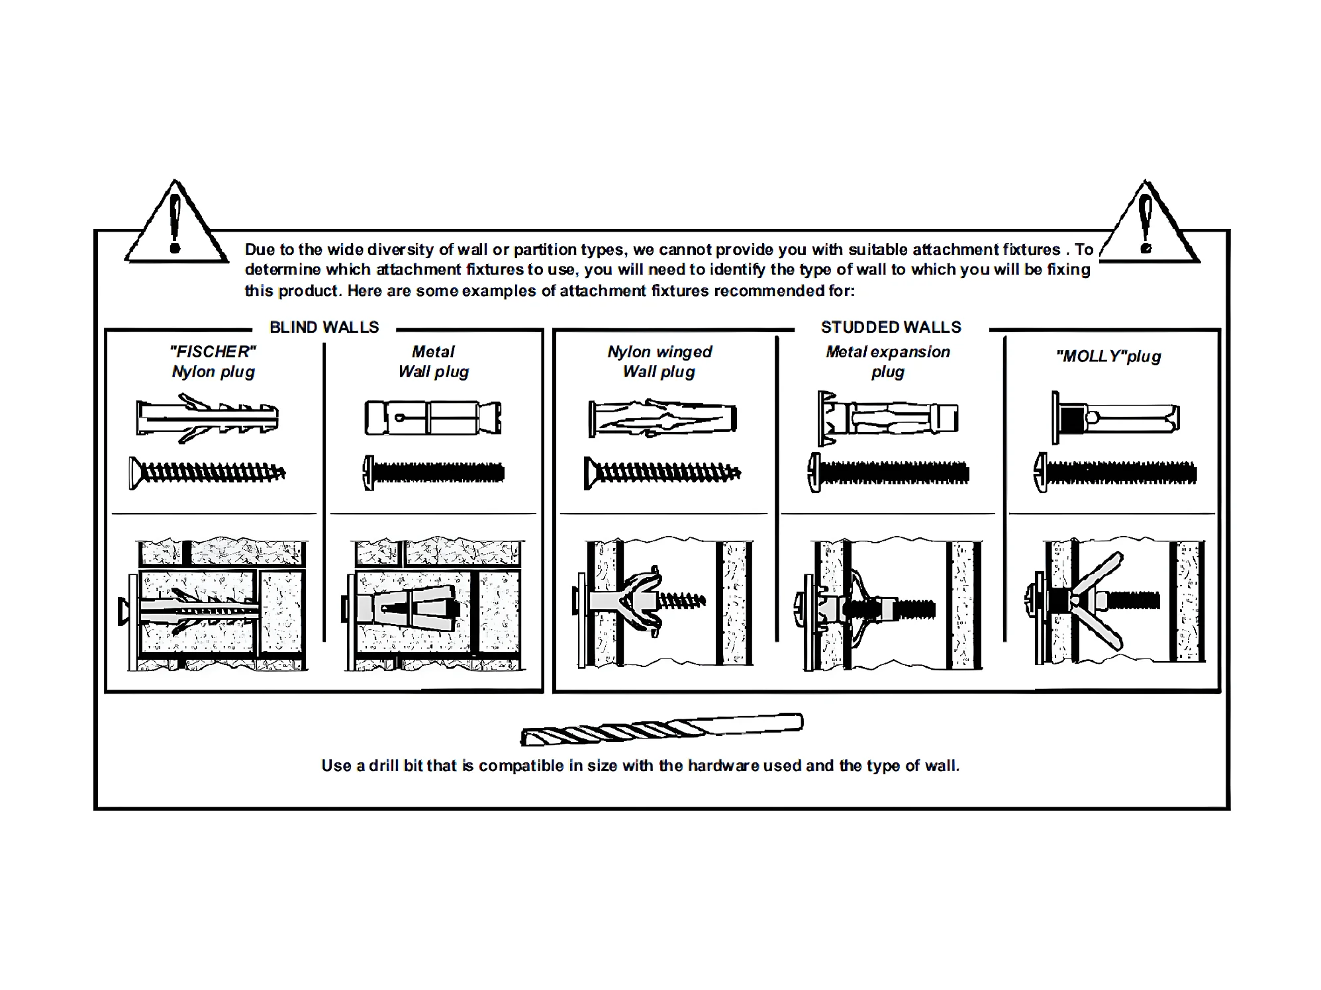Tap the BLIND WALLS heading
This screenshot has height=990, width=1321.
coord(324,327)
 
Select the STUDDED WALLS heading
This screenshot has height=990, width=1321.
coord(891,327)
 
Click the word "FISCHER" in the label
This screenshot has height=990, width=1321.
coord(213,351)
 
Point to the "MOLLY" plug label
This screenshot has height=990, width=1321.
coord(1108,357)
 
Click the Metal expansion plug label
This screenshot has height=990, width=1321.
coord(887,361)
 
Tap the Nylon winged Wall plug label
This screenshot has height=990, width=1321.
coord(660,361)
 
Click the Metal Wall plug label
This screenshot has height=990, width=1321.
coord(434,361)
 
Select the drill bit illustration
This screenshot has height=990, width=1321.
coord(662,729)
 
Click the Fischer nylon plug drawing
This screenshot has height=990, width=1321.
coord(207,418)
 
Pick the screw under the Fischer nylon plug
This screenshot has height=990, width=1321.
coord(207,472)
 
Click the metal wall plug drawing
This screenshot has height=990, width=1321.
coord(433,418)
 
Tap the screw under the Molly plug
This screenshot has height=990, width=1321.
coord(1115,472)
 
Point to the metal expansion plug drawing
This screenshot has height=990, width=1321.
coord(888,418)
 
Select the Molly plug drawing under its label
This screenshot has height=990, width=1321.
coord(1116,418)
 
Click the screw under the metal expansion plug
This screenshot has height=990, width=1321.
coord(889,472)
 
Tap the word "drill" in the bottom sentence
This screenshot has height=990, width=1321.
coord(383,766)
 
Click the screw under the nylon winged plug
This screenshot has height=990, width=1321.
coord(662,472)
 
